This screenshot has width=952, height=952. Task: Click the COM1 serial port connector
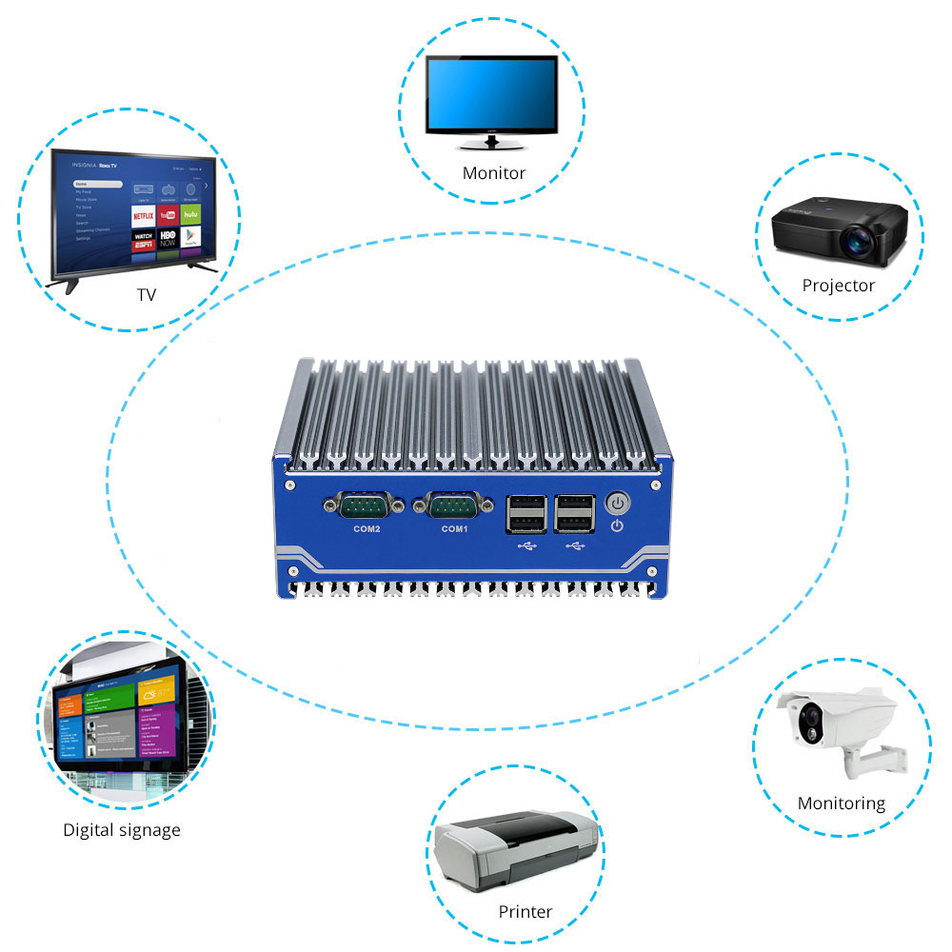pyautogui.click(x=453, y=506)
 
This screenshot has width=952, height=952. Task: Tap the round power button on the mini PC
pyautogui.click(x=618, y=502)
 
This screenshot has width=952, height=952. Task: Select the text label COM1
pyautogui.click(x=454, y=529)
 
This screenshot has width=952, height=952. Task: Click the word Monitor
pyautogui.click(x=493, y=173)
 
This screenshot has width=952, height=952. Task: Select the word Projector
pyautogui.click(x=838, y=285)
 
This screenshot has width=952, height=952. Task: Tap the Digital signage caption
pyautogui.click(x=121, y=830)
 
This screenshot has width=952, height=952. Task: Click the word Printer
pyautogui.click(x=525, y=912)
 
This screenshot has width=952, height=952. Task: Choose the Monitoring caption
pyautogui.click(x=841, y=803)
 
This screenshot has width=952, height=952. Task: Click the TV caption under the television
pyautogui.click(x=146, y=295)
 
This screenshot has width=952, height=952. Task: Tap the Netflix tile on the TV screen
pyautogui.click(x=143, y=216)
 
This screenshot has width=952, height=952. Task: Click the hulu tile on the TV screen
pyautogui.click(x=190, y=216)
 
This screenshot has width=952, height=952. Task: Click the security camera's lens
pyautogui.click(x=811, y=717)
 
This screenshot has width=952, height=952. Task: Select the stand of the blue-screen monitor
pyautogui.click(x=492, y=143)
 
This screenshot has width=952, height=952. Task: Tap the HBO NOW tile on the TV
pyautogui.click(x=167, y=238)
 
